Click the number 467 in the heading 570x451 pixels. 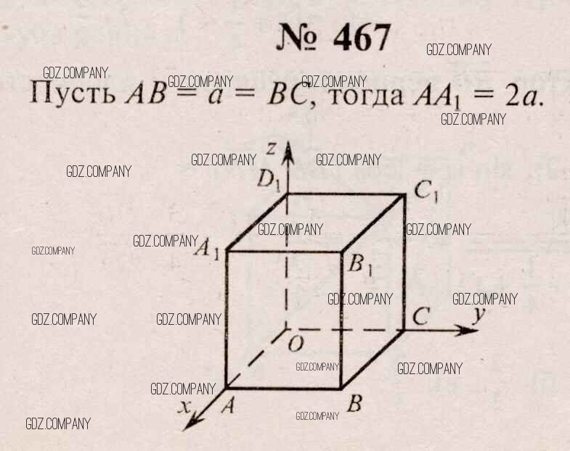point(362,38)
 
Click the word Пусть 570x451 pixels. point(73,93)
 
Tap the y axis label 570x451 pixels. point(479,315)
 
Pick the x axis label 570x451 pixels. point(184,407)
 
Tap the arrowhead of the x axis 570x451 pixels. point(192,421)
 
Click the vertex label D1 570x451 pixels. point(269,180)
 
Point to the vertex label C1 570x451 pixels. point(427,191)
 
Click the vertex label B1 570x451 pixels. point(360,265)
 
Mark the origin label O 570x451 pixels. point(296,344)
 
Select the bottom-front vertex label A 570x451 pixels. point(227,405)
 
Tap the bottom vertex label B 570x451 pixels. point(355,403)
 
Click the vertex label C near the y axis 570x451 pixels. point(422,316)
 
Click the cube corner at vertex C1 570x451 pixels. point(404,195)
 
